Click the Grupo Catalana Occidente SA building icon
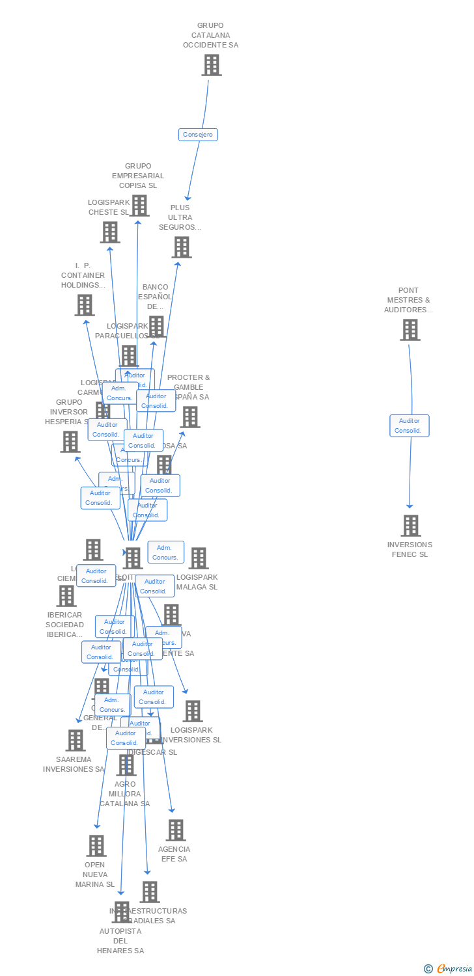coord(211,65)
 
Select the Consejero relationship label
coord(198,135)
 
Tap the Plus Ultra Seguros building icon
coord(182,247)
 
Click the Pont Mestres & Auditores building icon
coord(410,330)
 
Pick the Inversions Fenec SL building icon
coord(410,525)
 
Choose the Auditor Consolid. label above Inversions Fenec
coord(410,426)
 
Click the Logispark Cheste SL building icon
coord(110,232)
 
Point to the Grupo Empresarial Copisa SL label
coord(138,176)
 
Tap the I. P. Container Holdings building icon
coord(84,305)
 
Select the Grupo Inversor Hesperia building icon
coord(70,442)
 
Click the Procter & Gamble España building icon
coord(189,417)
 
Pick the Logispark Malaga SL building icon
coord(199,558)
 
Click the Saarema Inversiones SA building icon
coord(76,740)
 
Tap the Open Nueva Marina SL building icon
coord(96,846)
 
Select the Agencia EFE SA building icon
coord(175,830)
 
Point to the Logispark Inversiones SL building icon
coord(193,711)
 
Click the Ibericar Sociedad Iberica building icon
coord(66,595)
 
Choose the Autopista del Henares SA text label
coord(120,941)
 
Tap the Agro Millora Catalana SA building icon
coord(126,765)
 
